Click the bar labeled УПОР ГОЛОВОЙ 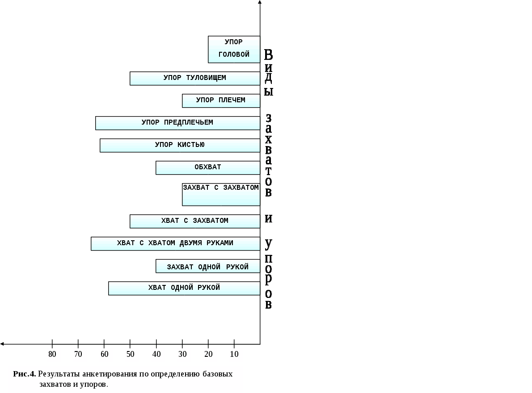234,49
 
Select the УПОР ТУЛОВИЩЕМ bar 195,78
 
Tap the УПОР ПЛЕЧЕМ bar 221,100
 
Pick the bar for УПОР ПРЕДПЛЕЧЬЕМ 177,123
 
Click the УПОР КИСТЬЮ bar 180,145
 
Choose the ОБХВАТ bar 208,167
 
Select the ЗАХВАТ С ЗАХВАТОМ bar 221,194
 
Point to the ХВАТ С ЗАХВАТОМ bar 195,221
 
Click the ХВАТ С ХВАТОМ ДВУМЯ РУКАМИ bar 175,243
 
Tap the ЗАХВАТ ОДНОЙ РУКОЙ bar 208,266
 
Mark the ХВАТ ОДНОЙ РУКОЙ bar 184,288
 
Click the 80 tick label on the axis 52,355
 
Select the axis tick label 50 130,355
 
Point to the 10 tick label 234,355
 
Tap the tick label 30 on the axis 182,355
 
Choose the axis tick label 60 104,355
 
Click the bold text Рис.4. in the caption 25,374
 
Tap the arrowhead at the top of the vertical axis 260,3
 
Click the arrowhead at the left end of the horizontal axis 3,344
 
